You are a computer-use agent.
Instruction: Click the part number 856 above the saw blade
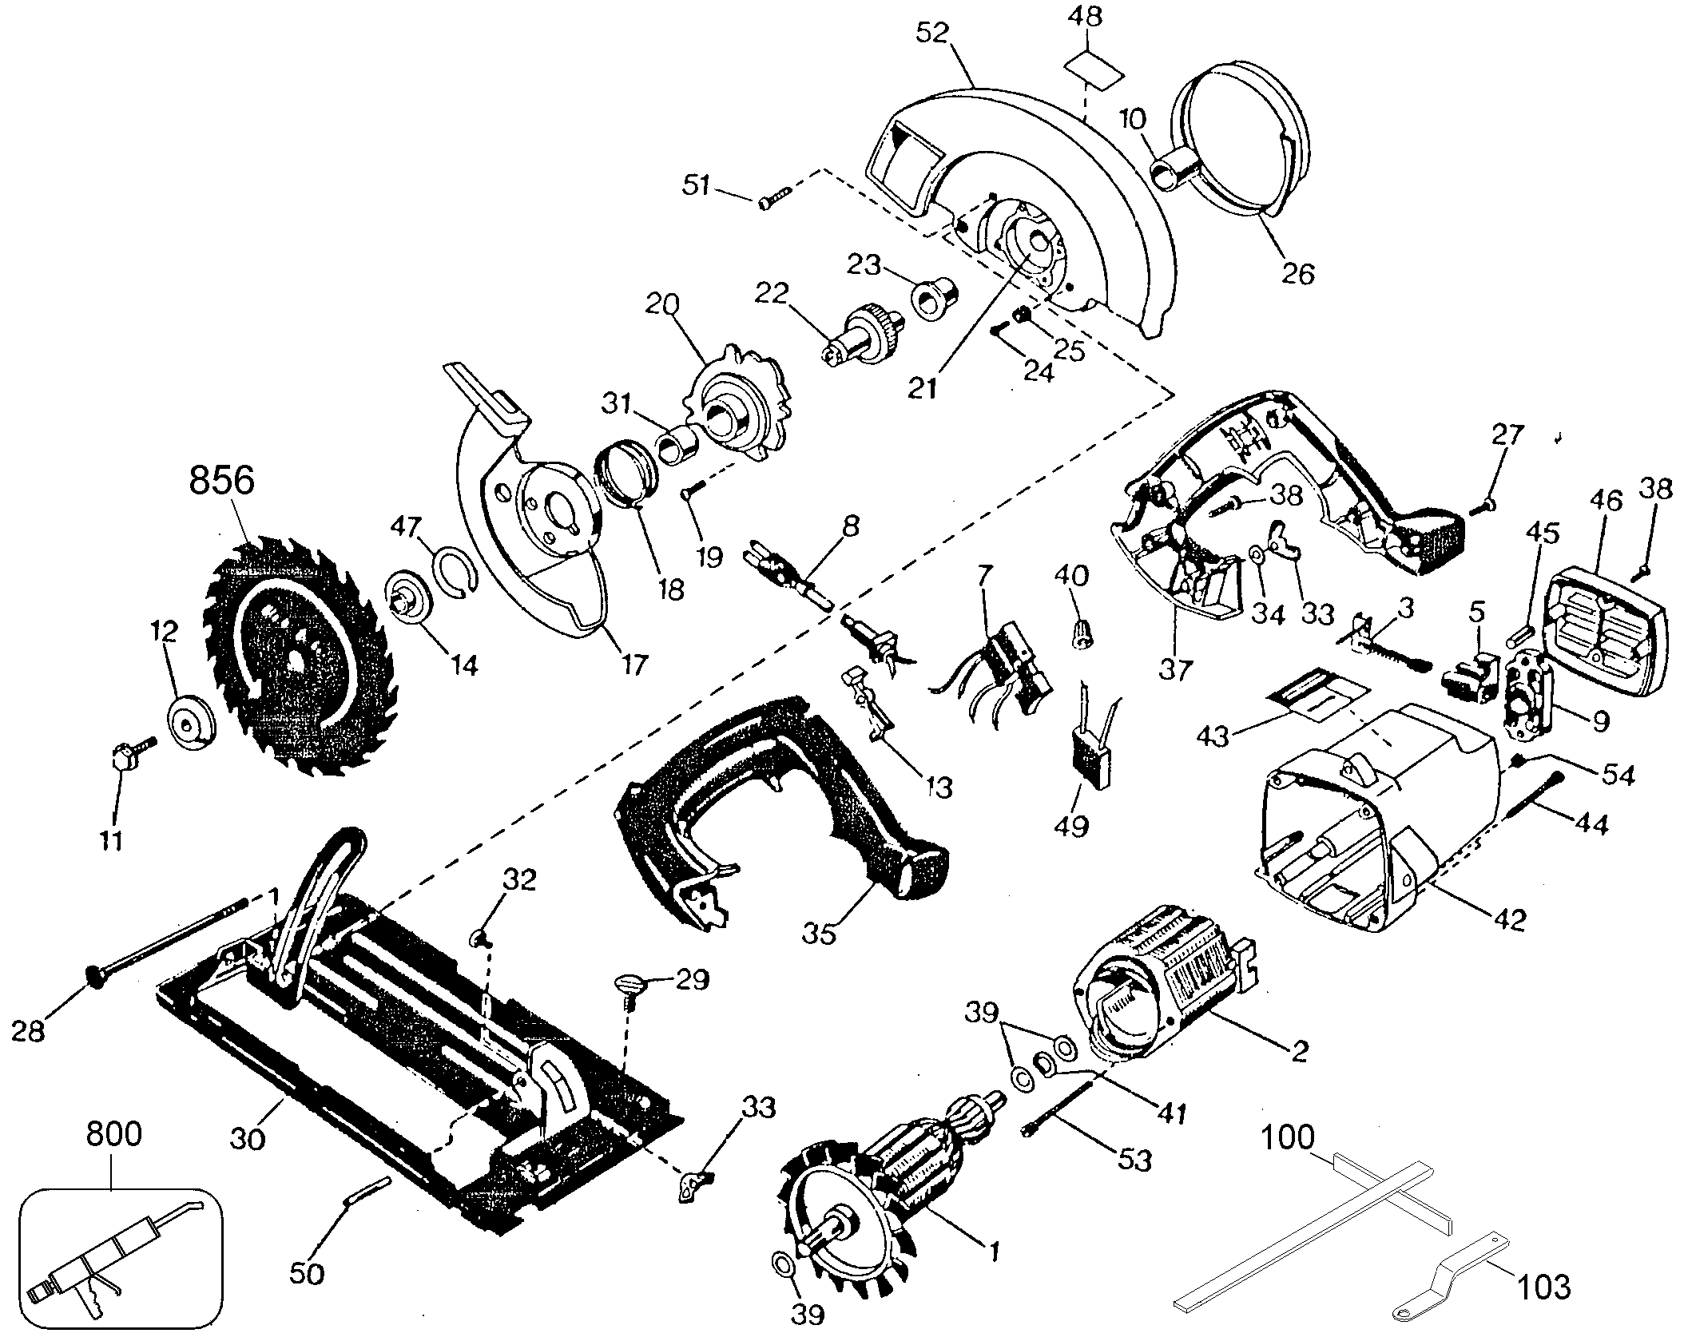coord(221,481)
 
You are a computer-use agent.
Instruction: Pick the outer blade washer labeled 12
coord(192,723)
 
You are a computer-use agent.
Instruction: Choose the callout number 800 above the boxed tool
coord(113,1135)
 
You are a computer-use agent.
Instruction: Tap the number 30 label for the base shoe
coord(248,1137)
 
